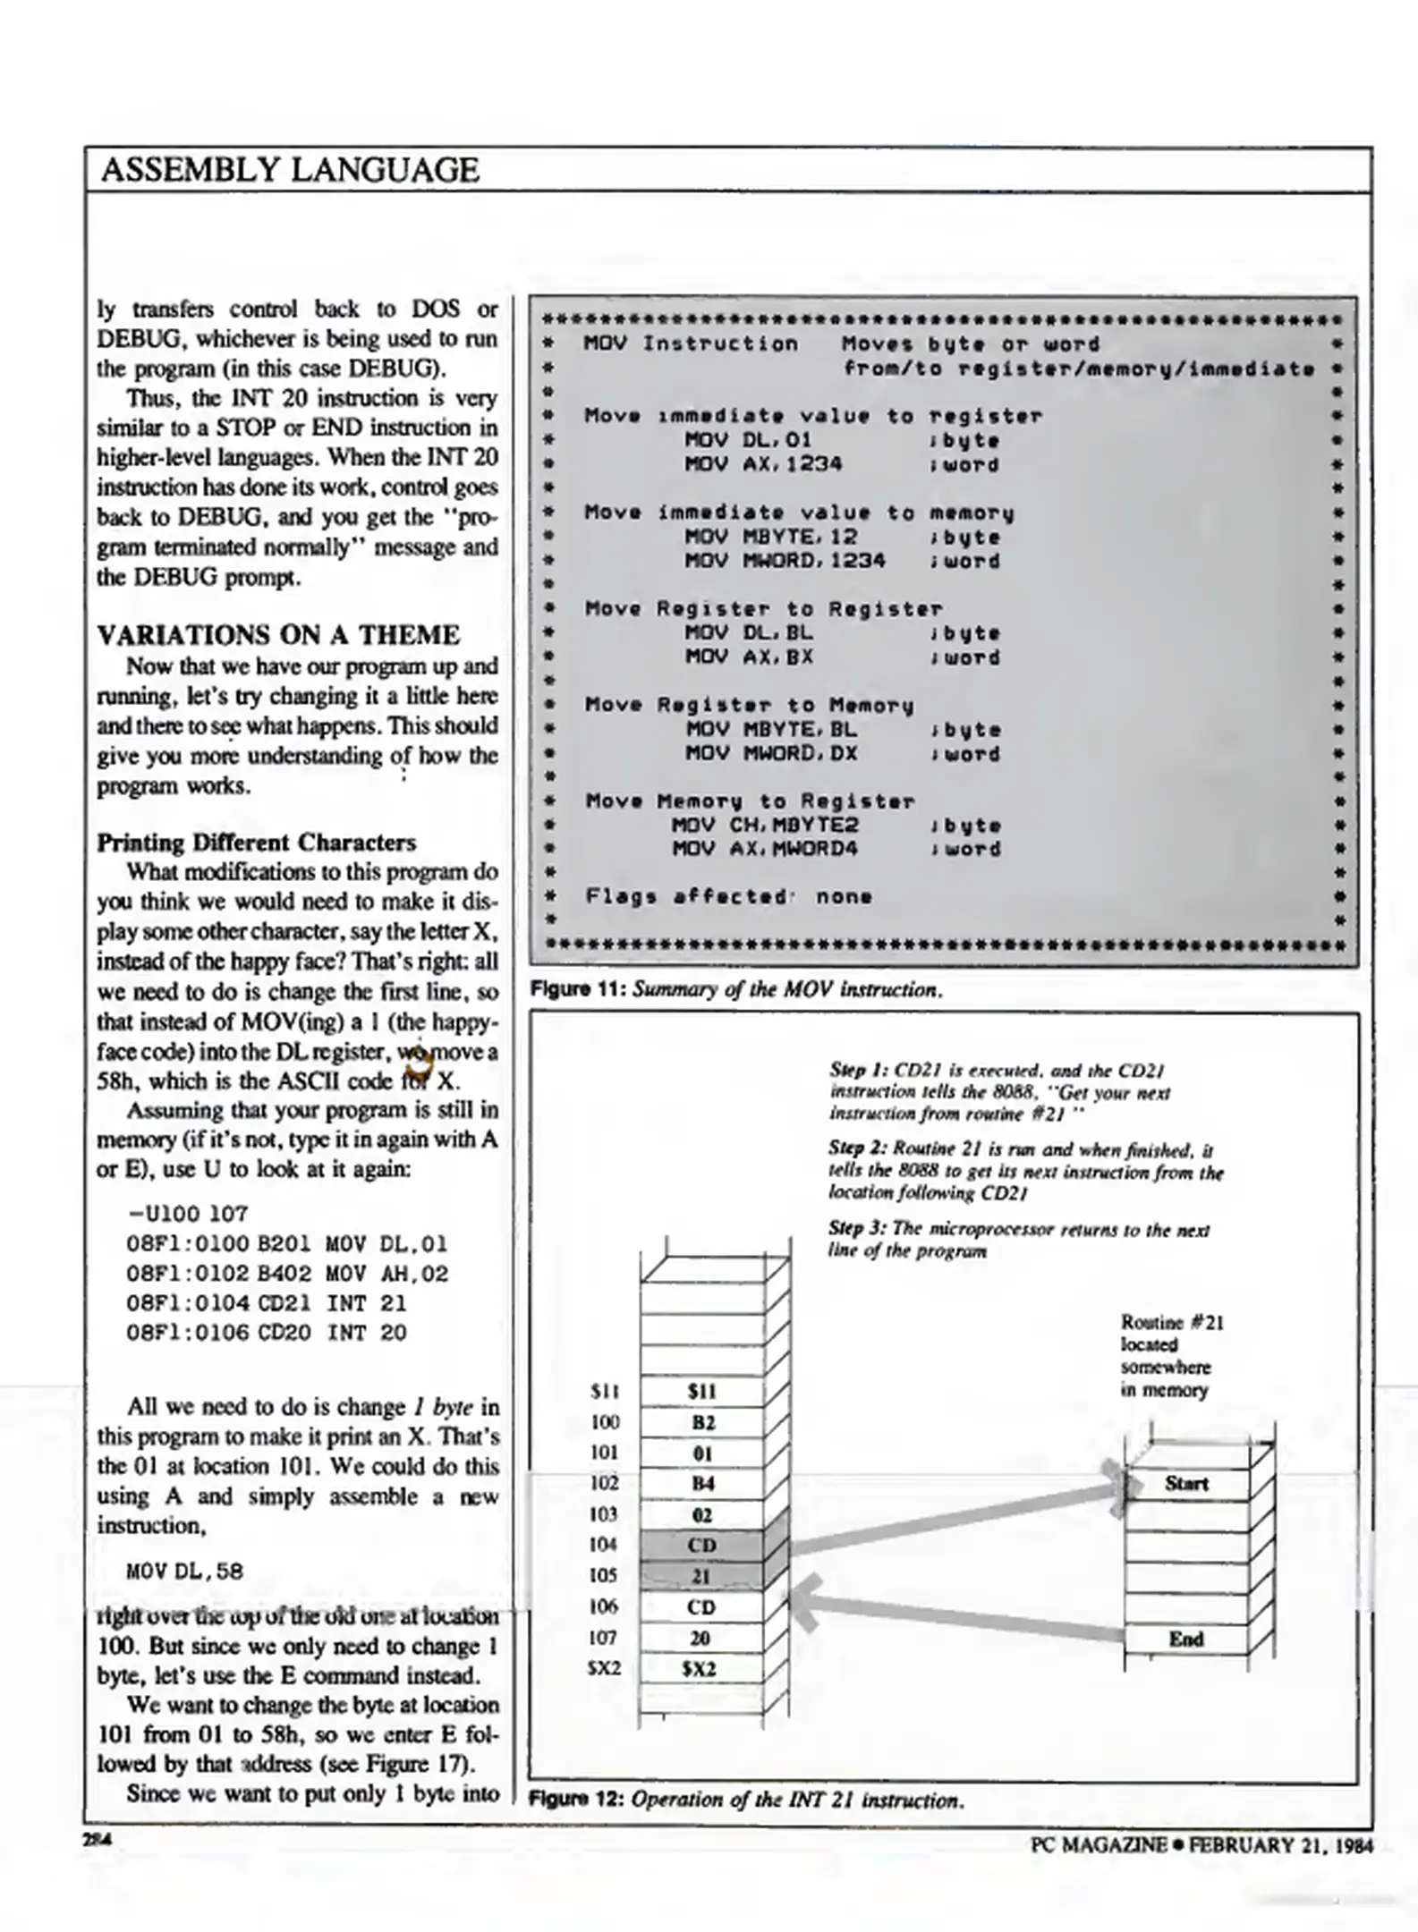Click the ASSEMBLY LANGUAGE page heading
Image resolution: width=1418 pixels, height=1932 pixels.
(x=290, y=170)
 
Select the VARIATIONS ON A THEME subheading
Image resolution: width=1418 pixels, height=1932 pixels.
(x=278, y=635)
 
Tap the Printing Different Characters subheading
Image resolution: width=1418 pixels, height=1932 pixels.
(x=256, y=843)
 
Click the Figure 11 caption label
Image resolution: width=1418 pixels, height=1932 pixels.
(x=578, y=989)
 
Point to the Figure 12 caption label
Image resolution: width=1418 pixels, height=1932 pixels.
(x=577, y=1799)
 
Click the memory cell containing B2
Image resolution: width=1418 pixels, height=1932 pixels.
(x=702, y=1422)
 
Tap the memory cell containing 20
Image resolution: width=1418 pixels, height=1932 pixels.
(x=701, y=1638)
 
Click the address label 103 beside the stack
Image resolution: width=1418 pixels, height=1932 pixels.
(x=604, y=1514)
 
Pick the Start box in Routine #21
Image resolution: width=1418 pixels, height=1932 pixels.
(x=1185, y=1484)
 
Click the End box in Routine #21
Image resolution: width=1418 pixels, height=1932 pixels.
(x=1185, y=1639)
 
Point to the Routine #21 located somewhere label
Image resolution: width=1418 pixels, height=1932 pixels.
(x=1171, y=1356)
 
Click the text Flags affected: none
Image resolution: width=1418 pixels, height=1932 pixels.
(x=728, y=896)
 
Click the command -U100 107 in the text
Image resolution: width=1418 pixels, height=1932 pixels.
(x=188, y=1214)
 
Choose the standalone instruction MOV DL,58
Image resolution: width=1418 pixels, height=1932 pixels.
(x=184, y=1572)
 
